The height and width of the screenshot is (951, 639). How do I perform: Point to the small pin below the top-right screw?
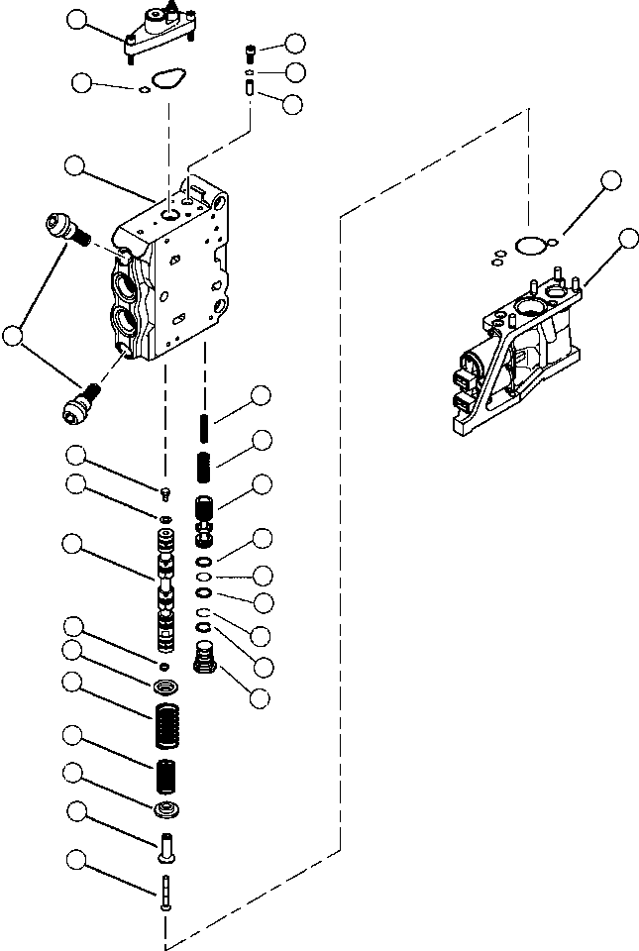(252, 90)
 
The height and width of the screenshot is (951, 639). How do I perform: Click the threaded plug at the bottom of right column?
(203, 658)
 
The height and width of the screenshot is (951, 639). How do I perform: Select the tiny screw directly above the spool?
(165, 495)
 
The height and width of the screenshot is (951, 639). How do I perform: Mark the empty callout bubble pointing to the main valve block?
(73, 166)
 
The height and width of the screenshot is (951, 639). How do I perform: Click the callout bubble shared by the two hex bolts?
(13, 337)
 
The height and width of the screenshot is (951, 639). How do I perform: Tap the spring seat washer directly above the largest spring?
(165, 686)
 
